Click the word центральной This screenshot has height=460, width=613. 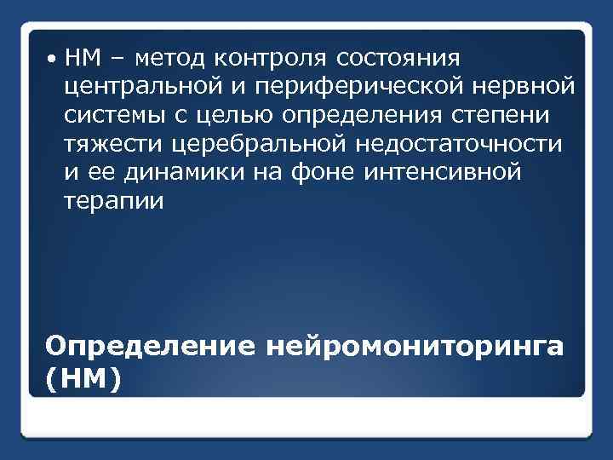tap(135, 88)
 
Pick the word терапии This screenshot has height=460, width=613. tap(110, 202)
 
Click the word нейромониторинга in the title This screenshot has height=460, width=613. tap(415, 347)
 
